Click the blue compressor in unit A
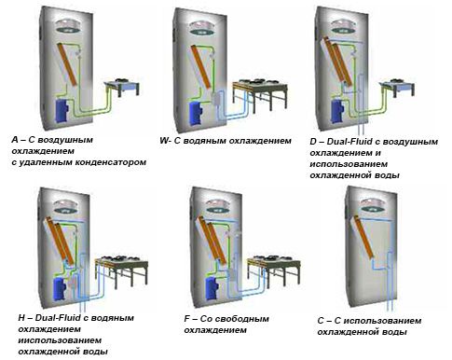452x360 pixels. [62, 111]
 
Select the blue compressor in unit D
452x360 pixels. [337, 110]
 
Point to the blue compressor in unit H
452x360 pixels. [60, 289]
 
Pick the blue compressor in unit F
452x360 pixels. [212, 289]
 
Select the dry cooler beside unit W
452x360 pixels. [260, 92]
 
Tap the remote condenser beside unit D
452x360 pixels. [399, 87]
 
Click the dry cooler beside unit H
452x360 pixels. [121, 270]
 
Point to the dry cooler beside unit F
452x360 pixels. [274, 270]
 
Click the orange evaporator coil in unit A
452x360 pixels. [67, 64]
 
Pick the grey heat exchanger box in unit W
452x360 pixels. [215, 99]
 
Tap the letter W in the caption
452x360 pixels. [164, 140]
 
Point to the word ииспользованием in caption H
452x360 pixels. [60, 340]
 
